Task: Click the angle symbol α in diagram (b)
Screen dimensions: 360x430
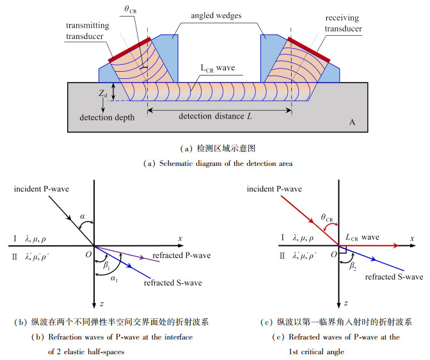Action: pyautogui.click(x=82, y=217)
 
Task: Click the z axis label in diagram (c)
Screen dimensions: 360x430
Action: pyautogui.click(x=346, y=301)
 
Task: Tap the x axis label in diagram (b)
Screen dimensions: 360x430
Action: pyautogui.click(x=180, y=239)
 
